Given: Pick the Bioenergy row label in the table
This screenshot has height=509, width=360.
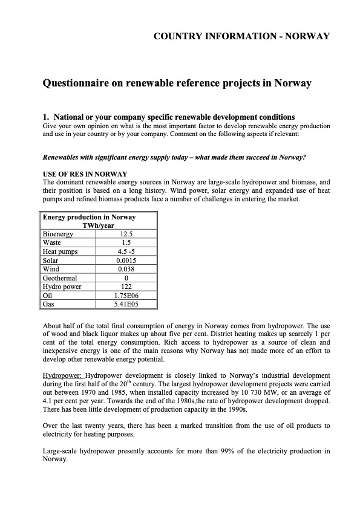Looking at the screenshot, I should [58, 234].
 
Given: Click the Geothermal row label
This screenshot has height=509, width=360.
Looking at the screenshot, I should [61, 278].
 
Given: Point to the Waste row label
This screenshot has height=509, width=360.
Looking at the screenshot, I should [52, 242].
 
